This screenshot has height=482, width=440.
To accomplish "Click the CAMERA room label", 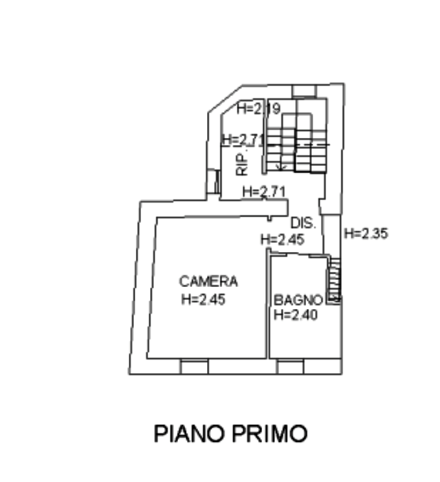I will coord(209,281).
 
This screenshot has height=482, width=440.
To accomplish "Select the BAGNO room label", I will coord(298,299).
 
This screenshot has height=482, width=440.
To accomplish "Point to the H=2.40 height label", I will coord(295,316).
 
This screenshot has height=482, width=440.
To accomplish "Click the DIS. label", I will coord(302,223).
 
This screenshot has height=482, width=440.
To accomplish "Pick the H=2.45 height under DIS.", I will coord(281,240).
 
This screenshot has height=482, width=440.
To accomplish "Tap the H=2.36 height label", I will coord(366,234).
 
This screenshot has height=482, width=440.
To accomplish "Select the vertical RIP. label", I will coord(241,165).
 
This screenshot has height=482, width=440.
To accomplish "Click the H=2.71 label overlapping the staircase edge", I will coord(242,140).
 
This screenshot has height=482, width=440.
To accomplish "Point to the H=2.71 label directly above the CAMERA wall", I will coord(264,192).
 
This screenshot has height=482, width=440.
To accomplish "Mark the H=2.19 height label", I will coord(258,109).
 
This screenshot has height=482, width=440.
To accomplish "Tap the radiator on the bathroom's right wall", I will coord(335,280).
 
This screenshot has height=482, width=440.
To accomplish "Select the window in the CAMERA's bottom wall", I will coord(194,367).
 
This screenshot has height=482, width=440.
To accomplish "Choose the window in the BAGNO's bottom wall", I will coord(291,367).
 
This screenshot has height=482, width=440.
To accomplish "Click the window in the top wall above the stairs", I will coord(303,91).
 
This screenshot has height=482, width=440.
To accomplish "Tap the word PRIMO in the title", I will coord(272,433).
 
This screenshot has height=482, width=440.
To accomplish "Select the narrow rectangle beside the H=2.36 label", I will coord(331,234).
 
